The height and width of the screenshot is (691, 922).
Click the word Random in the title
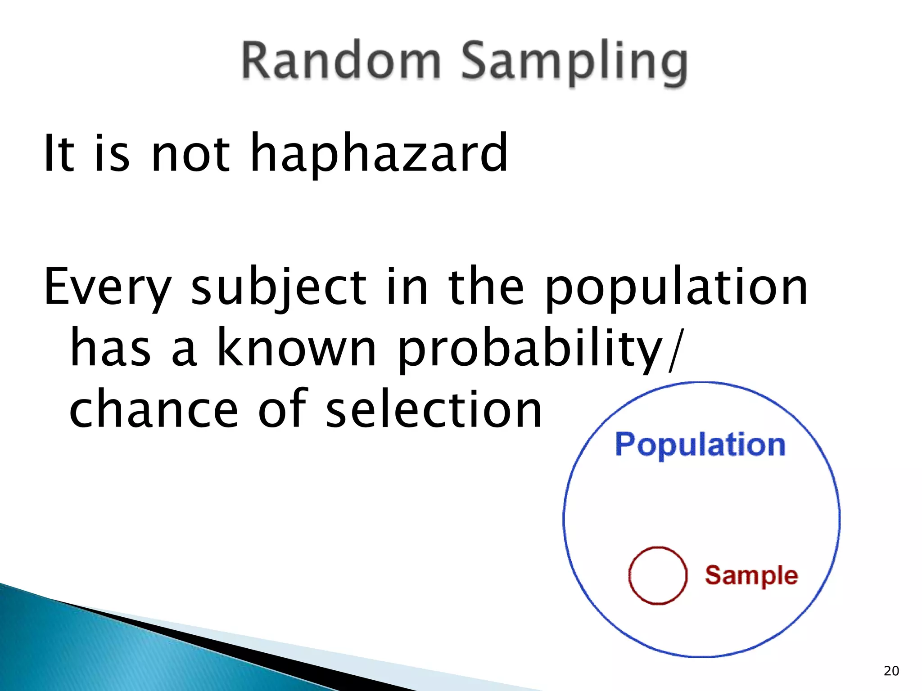coord(341,61)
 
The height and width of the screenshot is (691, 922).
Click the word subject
coord(279,288)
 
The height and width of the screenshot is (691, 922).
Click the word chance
coord(154,409)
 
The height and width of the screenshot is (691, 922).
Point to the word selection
coord(434,409)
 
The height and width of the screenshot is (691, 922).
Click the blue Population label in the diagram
coord(700,445)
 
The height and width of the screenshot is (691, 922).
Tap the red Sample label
coord(751,576)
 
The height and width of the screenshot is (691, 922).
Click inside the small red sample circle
coord(658,575)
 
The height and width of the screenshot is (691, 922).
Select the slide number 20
coord(891,671)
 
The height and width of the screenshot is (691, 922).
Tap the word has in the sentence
coord(110,348)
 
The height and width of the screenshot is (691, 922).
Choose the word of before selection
coord(283,409)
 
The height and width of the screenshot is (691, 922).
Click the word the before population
coord(486,288)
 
